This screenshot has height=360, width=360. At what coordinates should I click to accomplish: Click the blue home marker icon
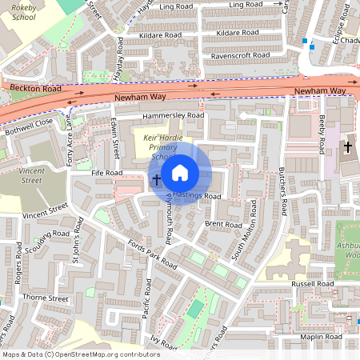coord(180,172)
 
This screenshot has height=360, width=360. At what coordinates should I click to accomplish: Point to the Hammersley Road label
coord(174,115)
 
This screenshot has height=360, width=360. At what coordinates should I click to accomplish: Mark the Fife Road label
coord(106,173)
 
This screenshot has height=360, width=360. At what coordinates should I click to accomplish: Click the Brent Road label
coord(223,226)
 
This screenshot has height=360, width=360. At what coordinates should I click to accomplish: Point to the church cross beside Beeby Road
coord(347,147)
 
